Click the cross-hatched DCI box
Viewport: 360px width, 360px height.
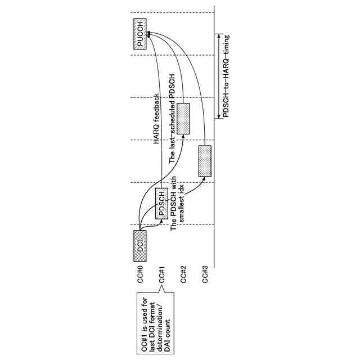coord(140,245)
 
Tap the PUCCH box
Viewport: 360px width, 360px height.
coord(140,34)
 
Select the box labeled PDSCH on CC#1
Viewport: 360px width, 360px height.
coord(162,203)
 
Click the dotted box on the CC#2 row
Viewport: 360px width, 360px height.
coord(183,119)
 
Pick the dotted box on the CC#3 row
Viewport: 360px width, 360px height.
coord(205,161)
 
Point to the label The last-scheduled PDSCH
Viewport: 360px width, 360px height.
coord(173,119)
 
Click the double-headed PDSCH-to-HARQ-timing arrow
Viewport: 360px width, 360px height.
coord(218,76)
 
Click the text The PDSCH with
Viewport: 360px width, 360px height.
coord(174,203)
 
